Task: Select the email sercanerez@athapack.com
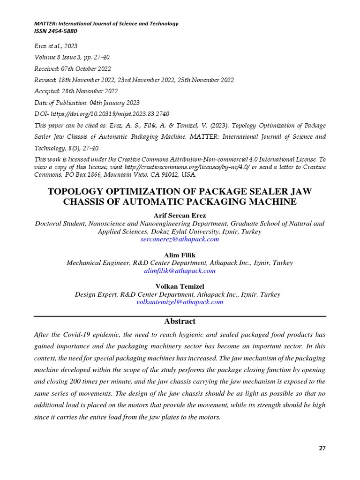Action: [180, 239]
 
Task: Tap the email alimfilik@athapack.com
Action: [180, 271]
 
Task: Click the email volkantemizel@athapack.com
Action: [180, 302]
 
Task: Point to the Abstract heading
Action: [180, 322]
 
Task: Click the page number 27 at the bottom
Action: [322, 448]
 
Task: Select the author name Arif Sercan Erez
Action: [180, 216]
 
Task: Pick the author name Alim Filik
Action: [180, 255]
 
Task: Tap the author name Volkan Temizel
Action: [180, 286]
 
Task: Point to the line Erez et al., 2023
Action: [56, 46]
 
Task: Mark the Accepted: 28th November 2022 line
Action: [76, 91]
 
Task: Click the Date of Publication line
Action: [87, 103]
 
